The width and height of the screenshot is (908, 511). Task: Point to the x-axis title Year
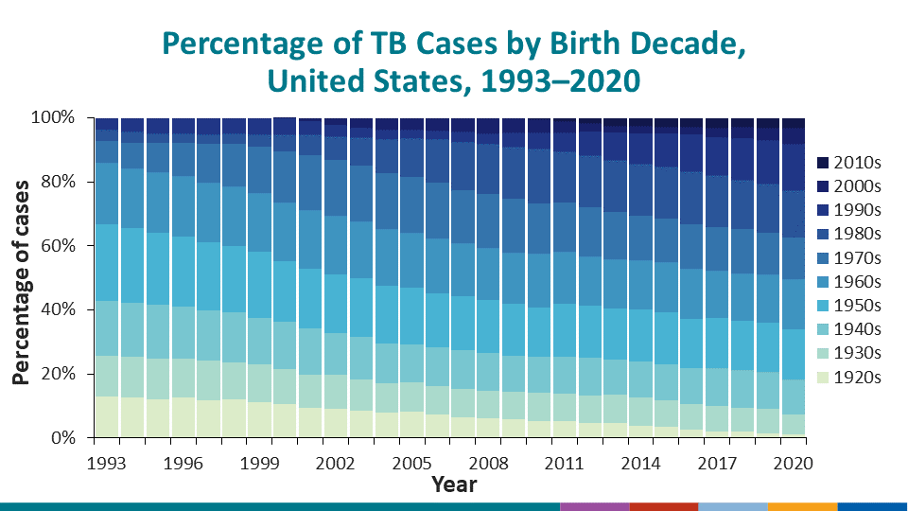coord(454,485)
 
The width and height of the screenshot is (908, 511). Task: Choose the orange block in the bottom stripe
coord(803,506)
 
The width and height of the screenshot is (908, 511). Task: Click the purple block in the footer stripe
coord(594,506)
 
